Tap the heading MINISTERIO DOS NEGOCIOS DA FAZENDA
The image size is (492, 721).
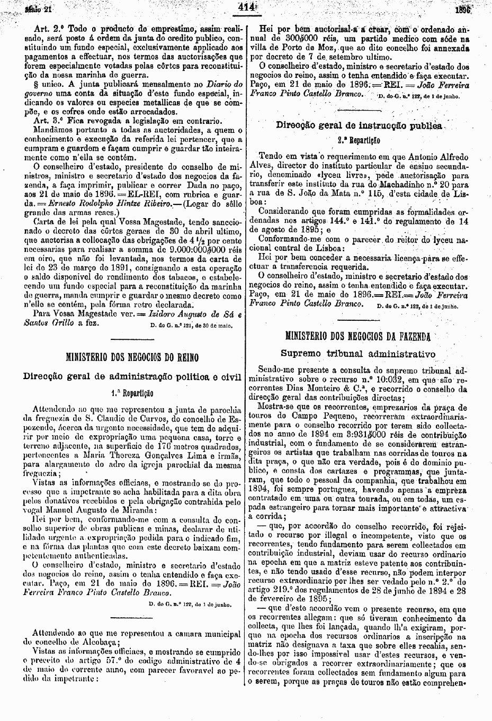click(x=359, y=336)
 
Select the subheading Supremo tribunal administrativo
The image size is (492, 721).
click(x=358, y=353)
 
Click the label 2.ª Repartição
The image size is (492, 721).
click(x=359, y=141)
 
